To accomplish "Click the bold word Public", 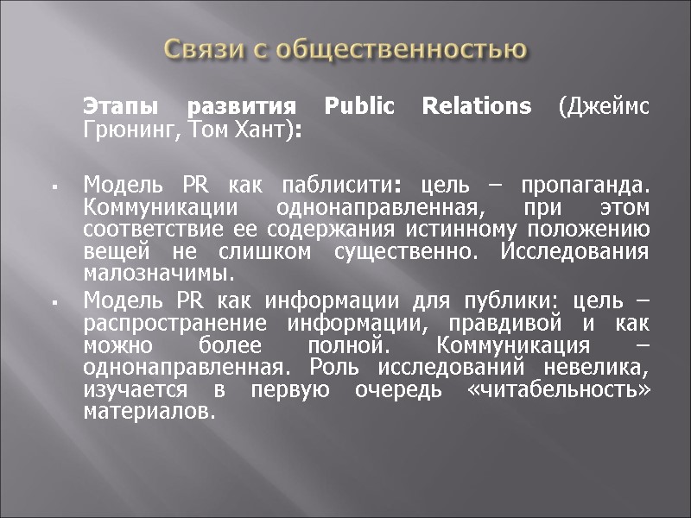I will (358, 107).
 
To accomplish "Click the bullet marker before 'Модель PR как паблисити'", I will (54, 187).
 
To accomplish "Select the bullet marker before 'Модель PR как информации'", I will (54, 303).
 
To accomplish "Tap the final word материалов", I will (147, 412).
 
